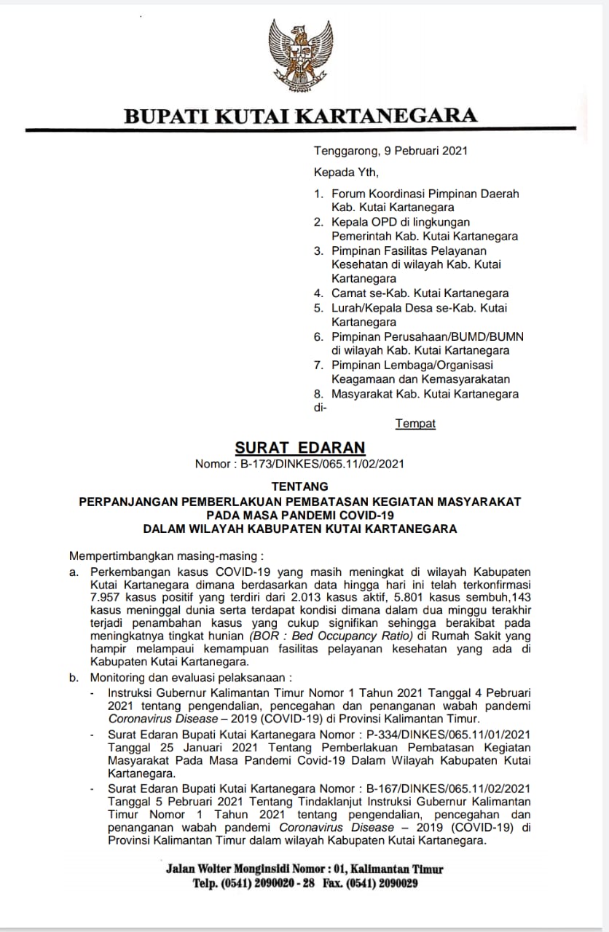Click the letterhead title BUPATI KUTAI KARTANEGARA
tap(300, 116)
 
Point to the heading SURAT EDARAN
tap(299, 448)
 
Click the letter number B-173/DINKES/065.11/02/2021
tap(322, 464)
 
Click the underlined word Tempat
tap(415, 423)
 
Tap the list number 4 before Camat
tap(318, 293)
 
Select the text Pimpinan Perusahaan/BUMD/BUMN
tap(428, 336)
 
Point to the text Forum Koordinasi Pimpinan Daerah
tap(425, 194)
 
